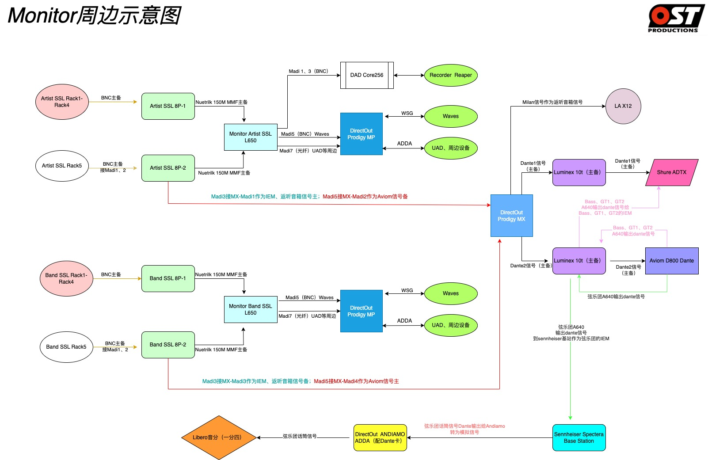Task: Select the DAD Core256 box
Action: (367, 75)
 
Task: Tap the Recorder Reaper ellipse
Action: (450, 75)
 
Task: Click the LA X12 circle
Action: (623, 106)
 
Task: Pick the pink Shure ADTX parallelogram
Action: (672, 172)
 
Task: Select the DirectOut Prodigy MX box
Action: (511, 216)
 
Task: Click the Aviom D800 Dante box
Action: (672, 261)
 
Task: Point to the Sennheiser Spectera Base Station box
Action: (579, 437)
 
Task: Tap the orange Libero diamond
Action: (219, 437)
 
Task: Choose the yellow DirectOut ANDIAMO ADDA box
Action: (380, 437)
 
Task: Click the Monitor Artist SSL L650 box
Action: (251, 137)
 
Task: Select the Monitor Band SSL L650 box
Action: (251, 310)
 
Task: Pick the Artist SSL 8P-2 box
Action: (168, 168)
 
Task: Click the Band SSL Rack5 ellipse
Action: (66, 347)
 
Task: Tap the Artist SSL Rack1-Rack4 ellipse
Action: (62, 102)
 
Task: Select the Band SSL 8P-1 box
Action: (168, 279)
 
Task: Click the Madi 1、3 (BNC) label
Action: (308, 72)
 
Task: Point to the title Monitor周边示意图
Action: (94, 15)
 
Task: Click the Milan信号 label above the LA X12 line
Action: (552, 102)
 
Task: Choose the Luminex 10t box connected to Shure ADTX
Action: (579, 172)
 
